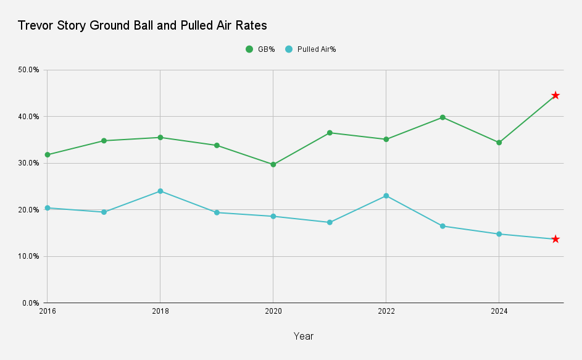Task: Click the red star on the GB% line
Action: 555,95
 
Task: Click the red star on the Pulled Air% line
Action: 555,239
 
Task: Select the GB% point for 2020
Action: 273,164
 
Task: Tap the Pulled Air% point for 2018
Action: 160,191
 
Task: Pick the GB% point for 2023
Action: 443,117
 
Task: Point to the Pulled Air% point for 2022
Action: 386,196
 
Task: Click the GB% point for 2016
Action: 47,154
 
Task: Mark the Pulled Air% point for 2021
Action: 330,222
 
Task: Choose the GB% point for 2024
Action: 499,143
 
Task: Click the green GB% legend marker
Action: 249,49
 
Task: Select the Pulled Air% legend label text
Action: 316,49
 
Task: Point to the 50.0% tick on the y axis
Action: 29,70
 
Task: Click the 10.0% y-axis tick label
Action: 29,256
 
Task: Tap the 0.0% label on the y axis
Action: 31,303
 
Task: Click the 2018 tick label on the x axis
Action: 160,312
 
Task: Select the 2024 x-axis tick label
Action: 499,312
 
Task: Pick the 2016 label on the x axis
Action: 47,312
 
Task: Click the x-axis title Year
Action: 303,337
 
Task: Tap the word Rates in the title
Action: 251,26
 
